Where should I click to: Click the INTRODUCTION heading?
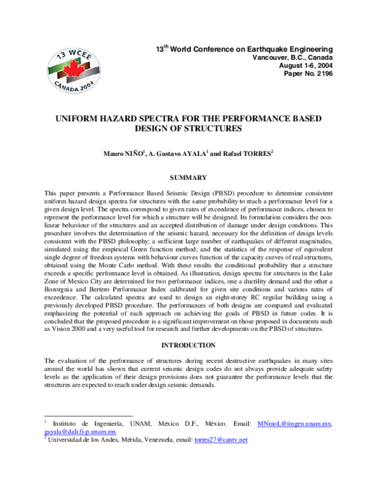click(x=188, y=345)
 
